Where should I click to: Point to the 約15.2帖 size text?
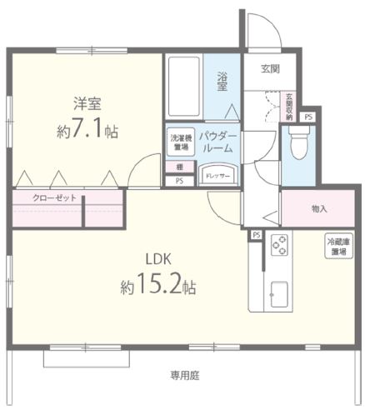coord(158,287)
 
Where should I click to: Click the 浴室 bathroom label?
coord(222,82)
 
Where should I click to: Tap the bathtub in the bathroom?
coord(184,86)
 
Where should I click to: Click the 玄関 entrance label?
coord(269,67)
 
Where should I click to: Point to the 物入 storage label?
coord(319,208)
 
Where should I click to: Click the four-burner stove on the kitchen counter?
coord(280,247)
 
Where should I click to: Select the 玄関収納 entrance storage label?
coord(289,107)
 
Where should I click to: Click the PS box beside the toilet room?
coord(308,117)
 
